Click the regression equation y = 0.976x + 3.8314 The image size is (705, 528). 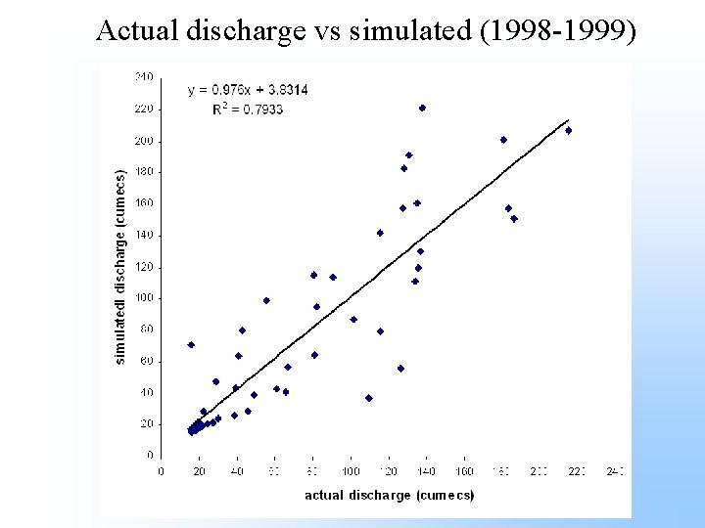pos(248,90)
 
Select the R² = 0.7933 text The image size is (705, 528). pos(248,109)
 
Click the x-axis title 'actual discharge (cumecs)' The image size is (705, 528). pos(389,496)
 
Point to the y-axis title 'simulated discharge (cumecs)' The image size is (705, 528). pos(120,268)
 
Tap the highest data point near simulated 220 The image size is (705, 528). pos(422,109)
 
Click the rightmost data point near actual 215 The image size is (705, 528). pos(568,130)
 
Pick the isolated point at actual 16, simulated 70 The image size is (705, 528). pos(191,344)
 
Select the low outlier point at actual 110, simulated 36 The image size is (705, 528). pos(369,398)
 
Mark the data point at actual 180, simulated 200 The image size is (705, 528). pos(503,140)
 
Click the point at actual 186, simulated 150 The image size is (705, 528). pos(514,219)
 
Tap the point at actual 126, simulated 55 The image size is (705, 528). pos(400,369)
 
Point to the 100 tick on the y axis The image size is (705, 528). pos(144,298)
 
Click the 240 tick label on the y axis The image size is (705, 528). pos(144,76)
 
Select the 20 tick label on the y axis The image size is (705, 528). pos(147,424)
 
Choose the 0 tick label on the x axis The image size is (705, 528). pos(162,471)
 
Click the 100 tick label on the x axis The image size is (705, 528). pos(351,471)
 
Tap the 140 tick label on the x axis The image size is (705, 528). pos(426,471)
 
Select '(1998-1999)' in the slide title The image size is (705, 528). pos(578,31)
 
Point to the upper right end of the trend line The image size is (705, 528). pos(569,120)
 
